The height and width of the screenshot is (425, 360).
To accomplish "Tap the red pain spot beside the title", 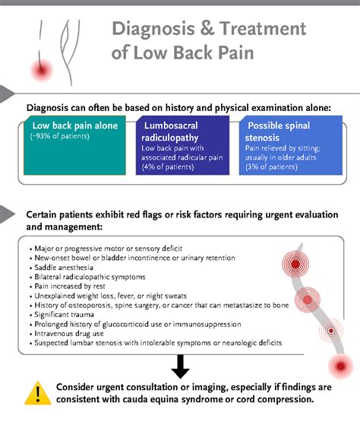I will point(39,70).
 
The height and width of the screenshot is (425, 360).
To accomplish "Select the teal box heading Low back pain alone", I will point(74,125).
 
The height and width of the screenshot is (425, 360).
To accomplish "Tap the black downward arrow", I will point(180,366).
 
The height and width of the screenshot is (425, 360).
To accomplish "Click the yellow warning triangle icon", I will point(33,392).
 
